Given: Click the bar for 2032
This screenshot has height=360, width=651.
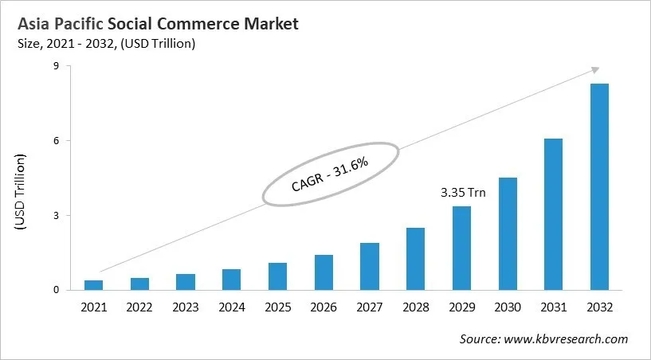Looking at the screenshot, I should [599, 187].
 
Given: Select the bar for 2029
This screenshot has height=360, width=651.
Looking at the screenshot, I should [461, 248].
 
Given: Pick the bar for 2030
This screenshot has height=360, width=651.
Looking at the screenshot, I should [508, 233].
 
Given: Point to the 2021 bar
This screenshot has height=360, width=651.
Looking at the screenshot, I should [93, 285].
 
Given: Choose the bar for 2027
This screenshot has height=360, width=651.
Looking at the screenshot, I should [369, 266].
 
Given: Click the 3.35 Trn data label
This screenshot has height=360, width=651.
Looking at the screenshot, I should [462, 193].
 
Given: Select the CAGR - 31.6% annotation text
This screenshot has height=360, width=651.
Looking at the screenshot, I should [330, 175].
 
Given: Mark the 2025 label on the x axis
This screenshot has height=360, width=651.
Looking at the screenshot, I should [277, 307].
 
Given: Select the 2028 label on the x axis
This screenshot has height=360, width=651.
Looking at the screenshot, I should [415, 307].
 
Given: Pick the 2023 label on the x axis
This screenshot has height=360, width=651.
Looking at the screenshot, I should [185, 307].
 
